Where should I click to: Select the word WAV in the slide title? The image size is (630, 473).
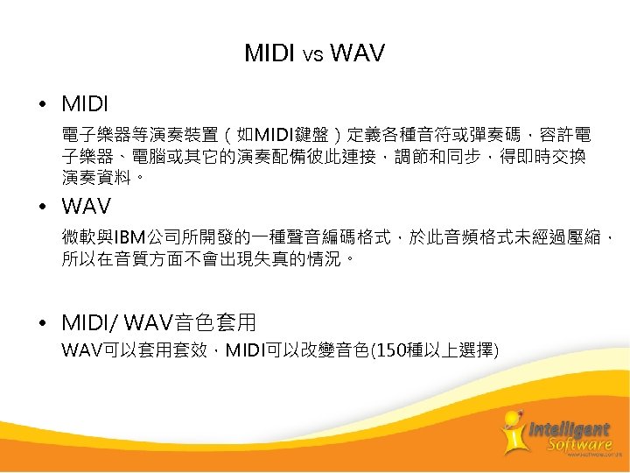(x=357, y=54)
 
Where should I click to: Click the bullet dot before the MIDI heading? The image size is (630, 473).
(x=43, y=105)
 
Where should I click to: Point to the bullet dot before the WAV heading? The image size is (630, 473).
(x=43, y=208)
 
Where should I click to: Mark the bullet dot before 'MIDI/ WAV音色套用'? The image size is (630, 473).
(x=43, y=323)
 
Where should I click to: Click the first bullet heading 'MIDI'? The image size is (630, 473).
(x=85, y=105)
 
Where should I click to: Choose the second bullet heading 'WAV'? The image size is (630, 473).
(x=87, y=208)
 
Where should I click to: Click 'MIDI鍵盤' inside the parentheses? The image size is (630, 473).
(x=289, y=136)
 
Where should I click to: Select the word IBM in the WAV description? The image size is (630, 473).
(x=130, y=237)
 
